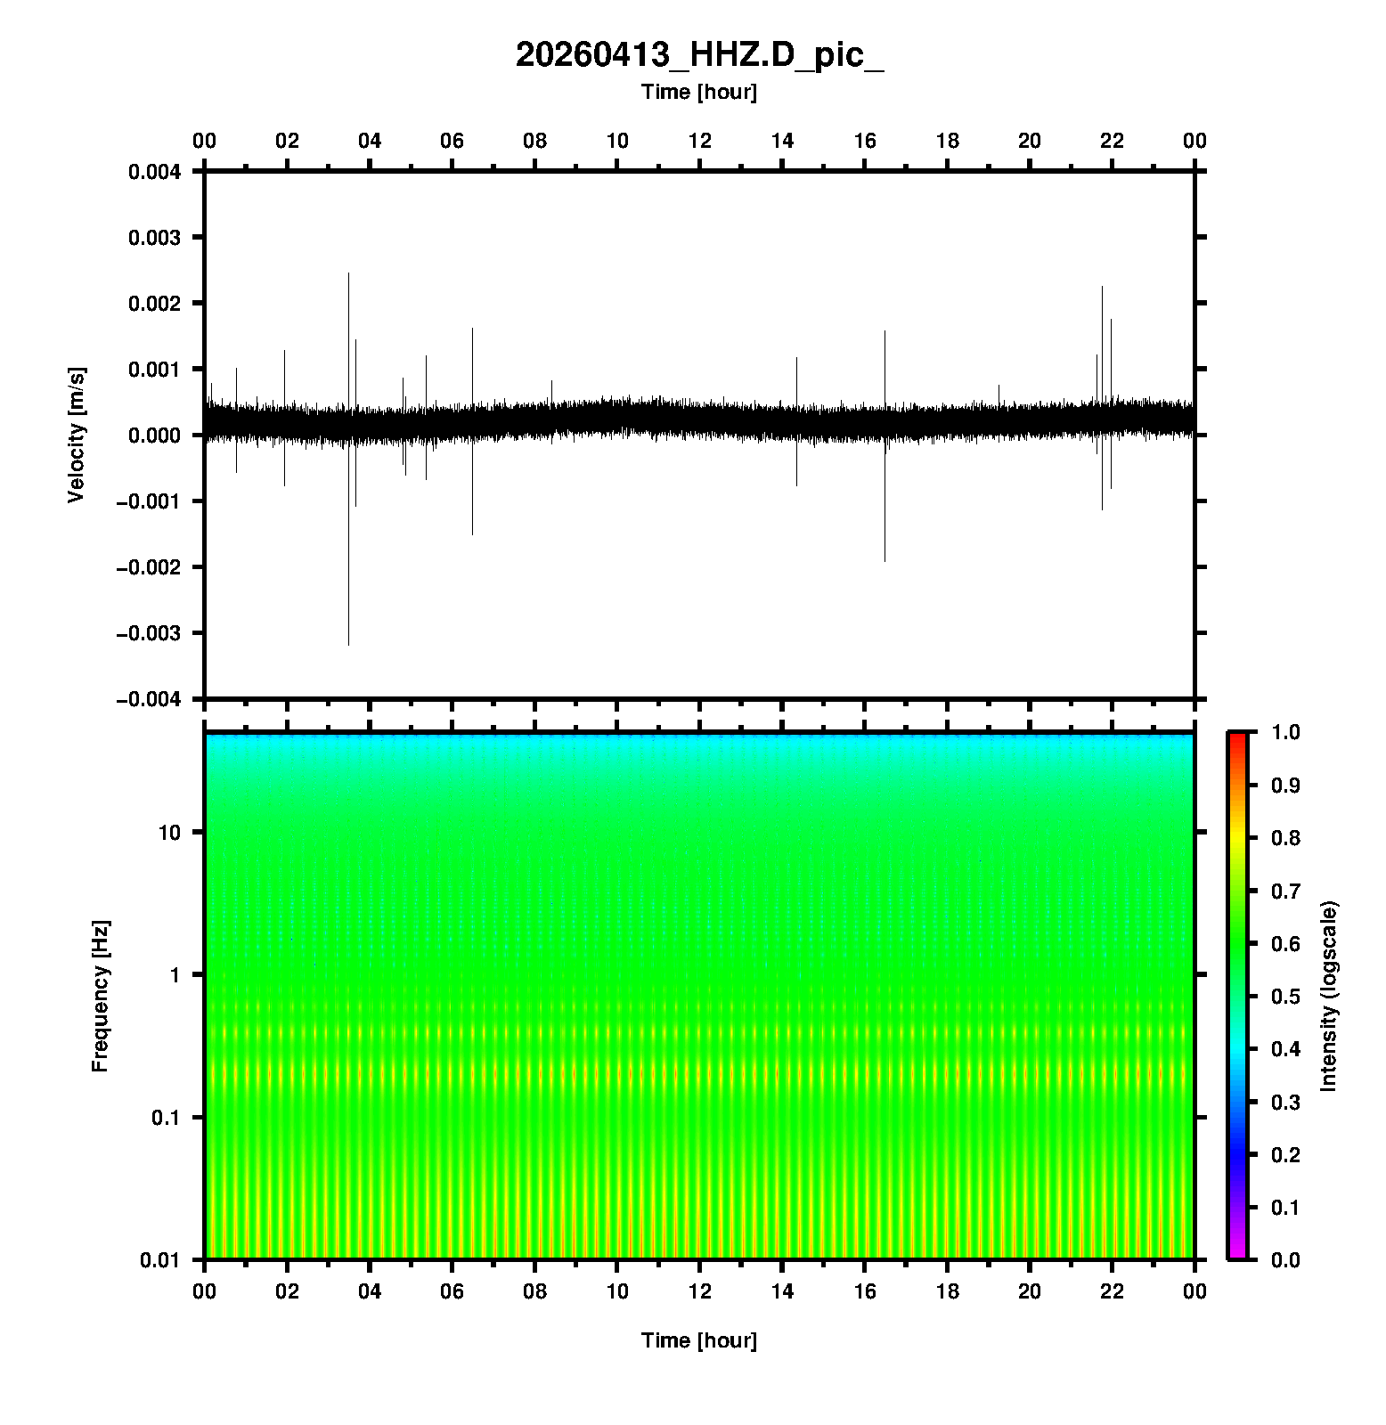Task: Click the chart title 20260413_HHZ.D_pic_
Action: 699,55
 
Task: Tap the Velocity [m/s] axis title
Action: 77,435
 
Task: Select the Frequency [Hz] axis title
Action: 100,997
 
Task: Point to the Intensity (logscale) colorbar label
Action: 1329,996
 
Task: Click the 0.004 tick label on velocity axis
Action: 155,172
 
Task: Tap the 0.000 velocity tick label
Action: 155,436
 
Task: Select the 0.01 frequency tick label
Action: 162,1260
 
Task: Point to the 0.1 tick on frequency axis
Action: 167,1118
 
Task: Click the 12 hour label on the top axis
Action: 700,141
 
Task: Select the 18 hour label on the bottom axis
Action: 948,1291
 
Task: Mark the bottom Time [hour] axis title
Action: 699,1340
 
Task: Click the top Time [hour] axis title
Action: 699,92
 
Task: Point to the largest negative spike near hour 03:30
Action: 348,643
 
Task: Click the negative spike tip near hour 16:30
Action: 885,560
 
